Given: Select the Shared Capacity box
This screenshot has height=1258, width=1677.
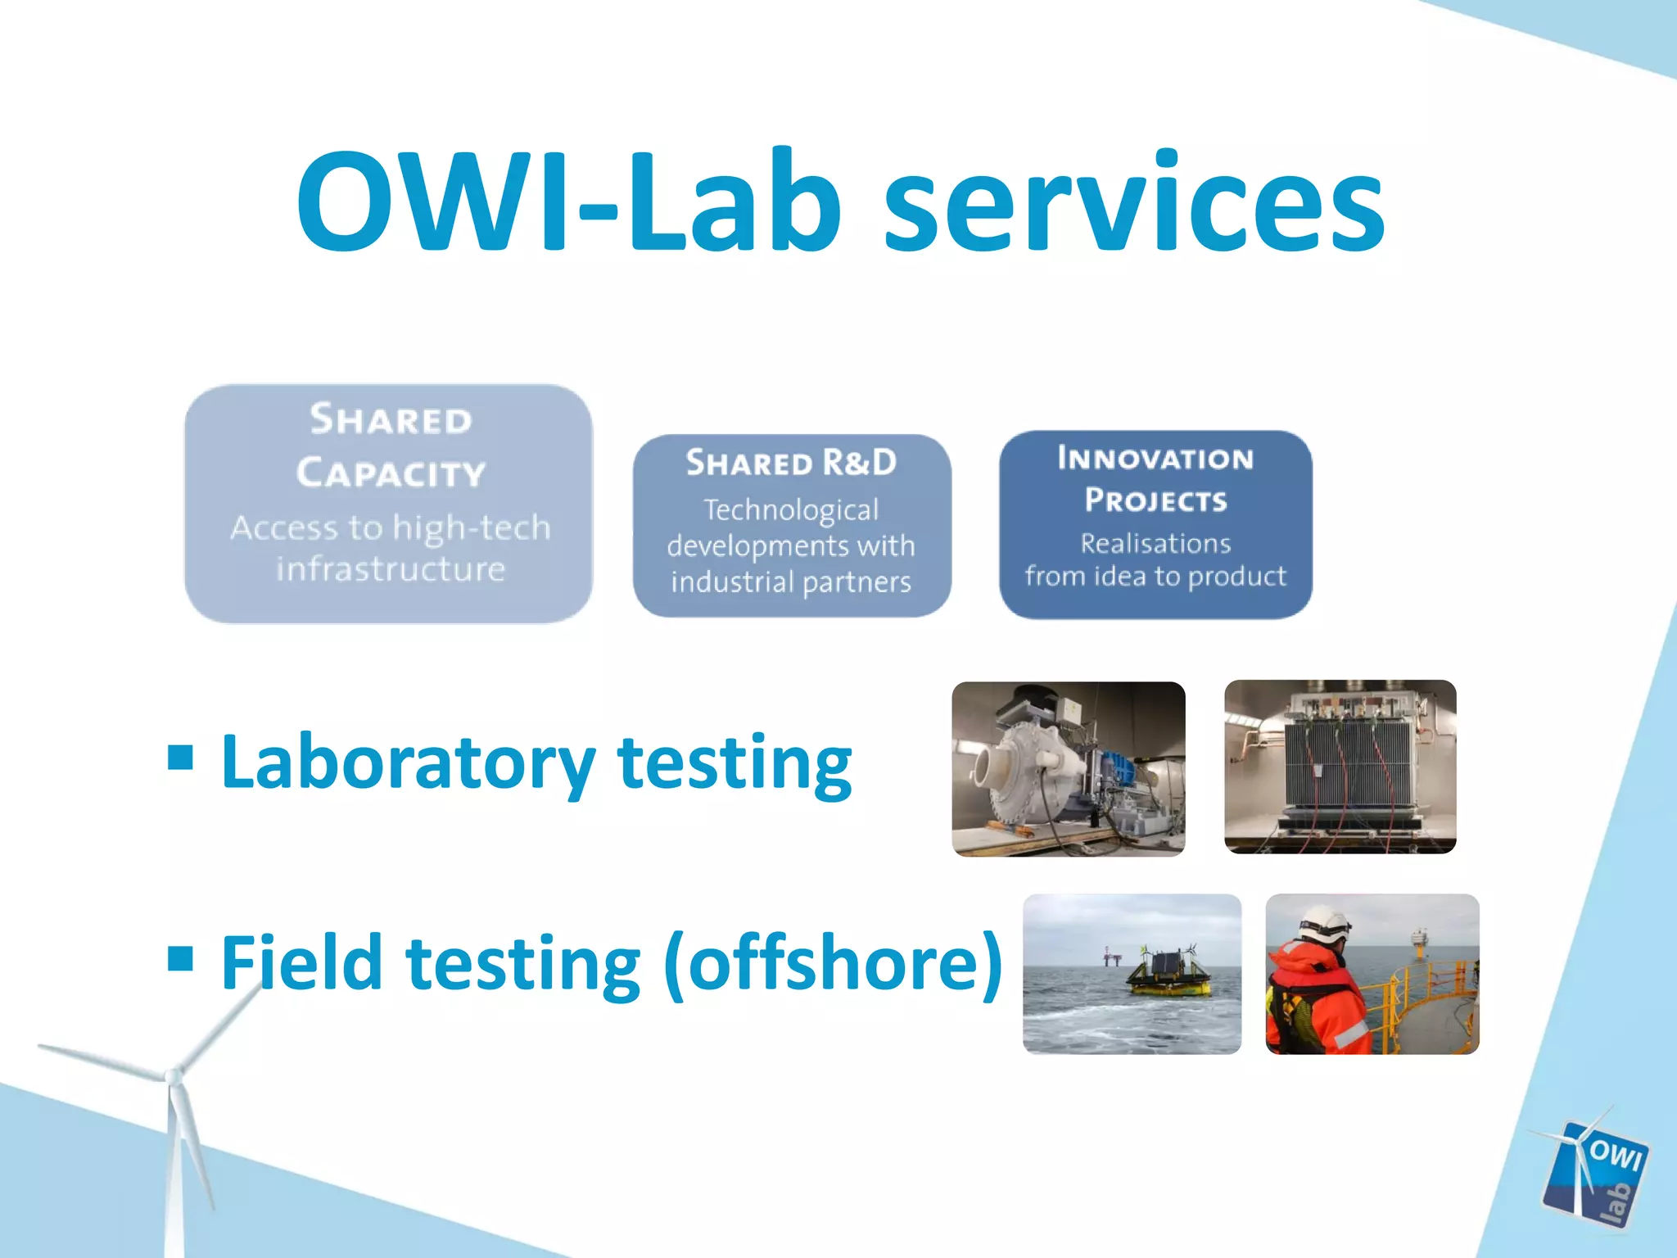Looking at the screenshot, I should pyautogui.click(x=389, y=504).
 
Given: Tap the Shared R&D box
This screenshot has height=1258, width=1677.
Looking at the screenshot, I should pyautogui.click(x=792, y=525).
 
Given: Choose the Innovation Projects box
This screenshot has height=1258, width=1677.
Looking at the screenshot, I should pyautogui.click(x=1155, y=524).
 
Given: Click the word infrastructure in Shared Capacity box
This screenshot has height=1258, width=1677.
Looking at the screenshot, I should pyautogui.click(x=391, y=569).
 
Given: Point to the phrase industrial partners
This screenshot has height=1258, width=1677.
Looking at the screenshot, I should pyautogui.click(x=791, y=582).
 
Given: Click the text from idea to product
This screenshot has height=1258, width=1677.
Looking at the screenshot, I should pyautogui.click(x=1155, y=577).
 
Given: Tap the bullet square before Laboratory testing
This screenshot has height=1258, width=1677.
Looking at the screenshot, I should pyautogui.click(x=180, y=758).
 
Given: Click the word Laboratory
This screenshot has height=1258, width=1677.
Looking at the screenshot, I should pyautogui.click(x=408, y=763).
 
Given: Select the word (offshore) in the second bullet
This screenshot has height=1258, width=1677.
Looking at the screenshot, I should pyautogui.click(x=834, y=963).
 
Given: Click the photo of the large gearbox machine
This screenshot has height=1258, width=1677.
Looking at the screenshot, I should pyautogui.click(x=1069, y=769).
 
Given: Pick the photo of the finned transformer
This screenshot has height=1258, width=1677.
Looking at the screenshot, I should pyautogui.click(x=1340, y=767).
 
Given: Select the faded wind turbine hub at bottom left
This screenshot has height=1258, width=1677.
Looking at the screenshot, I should pyautogui.click(x=173, y=1075).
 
